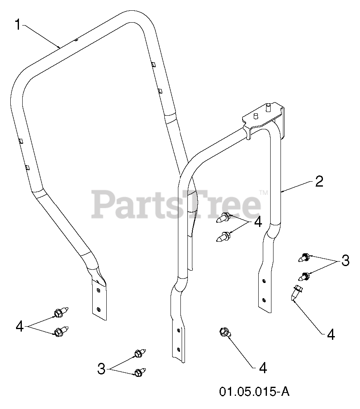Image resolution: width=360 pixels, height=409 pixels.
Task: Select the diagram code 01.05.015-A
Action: tap(254, 391)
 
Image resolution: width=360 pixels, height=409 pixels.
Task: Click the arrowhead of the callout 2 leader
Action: tap(283, 191)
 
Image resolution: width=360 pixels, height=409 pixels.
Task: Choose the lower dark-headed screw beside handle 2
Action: tap(305, 276)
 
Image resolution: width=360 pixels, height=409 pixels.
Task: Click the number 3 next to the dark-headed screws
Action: tap(345, 260)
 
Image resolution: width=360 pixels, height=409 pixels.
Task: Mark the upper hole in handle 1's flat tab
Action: tap(98, 290)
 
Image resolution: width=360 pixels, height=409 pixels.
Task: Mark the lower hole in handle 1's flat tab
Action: tap(98, 309)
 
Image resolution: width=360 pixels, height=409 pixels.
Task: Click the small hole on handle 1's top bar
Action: tap(77, 40)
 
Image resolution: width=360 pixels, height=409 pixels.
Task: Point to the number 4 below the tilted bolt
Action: tap(330, 334)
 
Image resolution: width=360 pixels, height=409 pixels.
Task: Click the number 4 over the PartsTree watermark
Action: tap(258, 222)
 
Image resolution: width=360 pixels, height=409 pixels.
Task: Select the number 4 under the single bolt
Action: tap(263, 368)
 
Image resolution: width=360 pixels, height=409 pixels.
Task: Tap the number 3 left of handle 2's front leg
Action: tap(101, 368)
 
